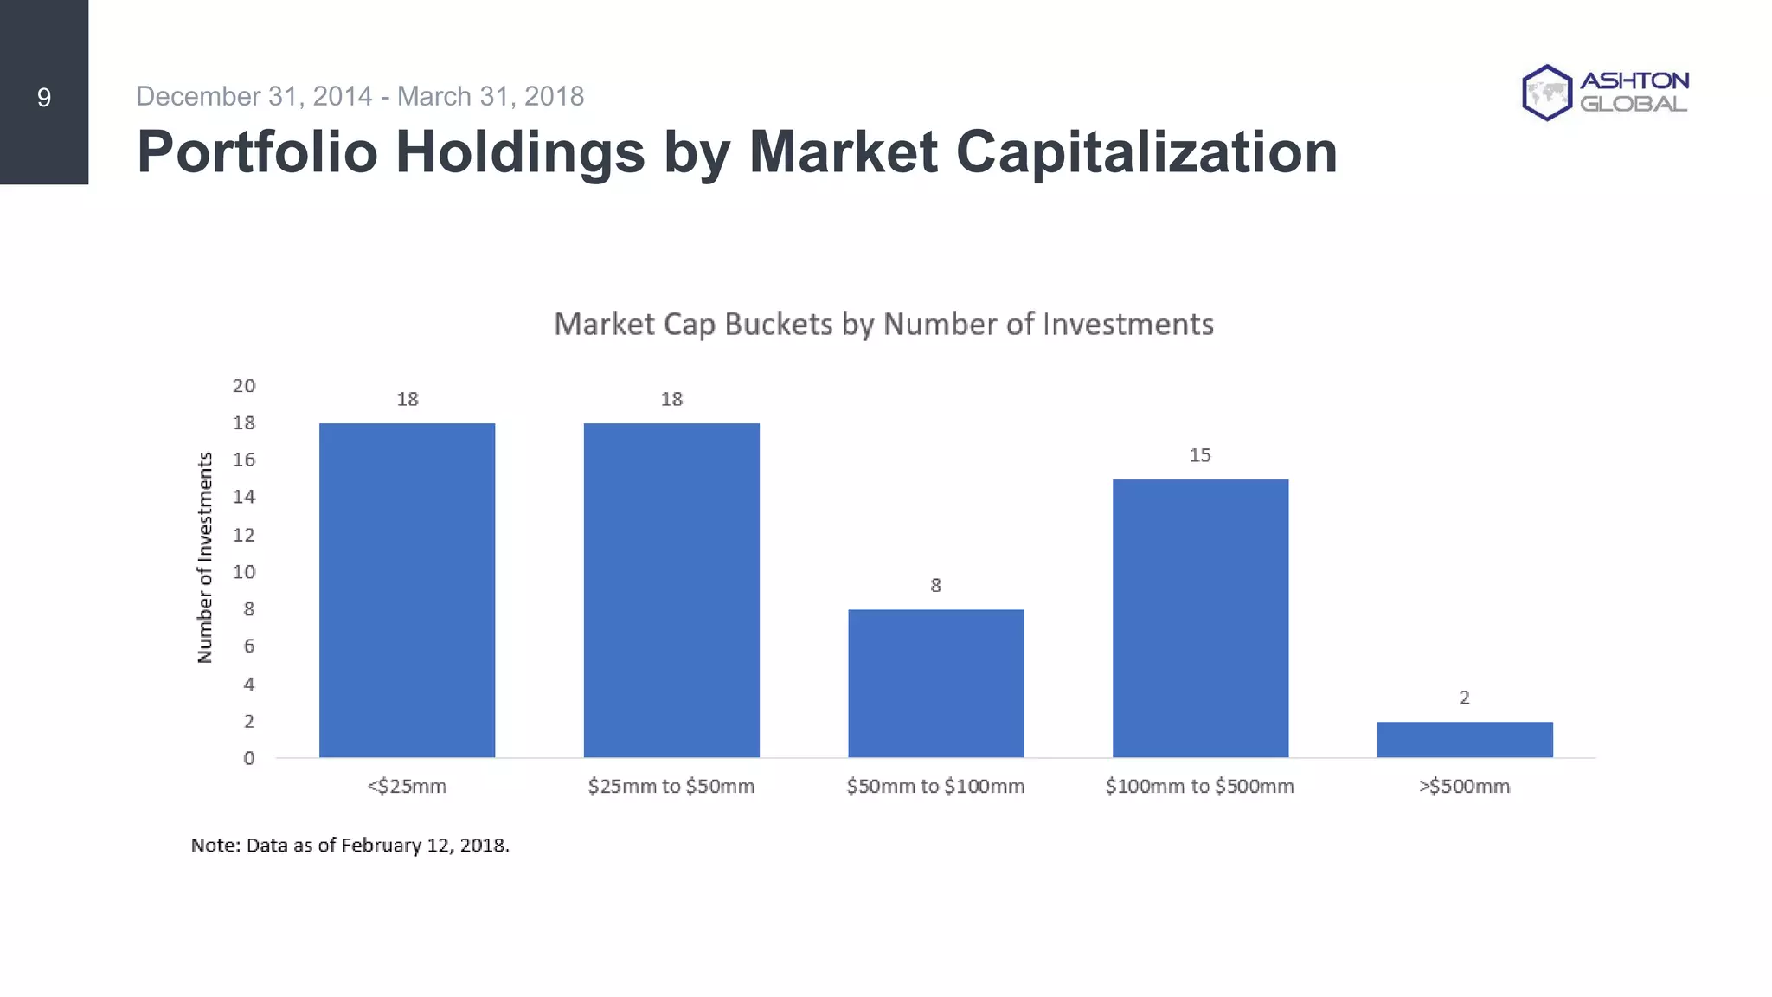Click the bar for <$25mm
click(407, 590)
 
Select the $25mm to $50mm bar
click(671, 590)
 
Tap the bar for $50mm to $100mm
click(935, 684)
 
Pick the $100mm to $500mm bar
click(1200, 618)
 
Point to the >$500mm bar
click(1464, 740)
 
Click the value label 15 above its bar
click(1200, 455)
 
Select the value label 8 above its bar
click(935, 586)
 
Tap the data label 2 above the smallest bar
click(1464, 698)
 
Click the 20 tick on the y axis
click(244, 386)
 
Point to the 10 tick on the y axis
click(244, 572)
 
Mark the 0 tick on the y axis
click(249, 759)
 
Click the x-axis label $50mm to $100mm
click(935, 787)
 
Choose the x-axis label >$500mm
click(1464, 787)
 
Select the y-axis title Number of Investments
click(205, 558)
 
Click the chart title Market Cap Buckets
click(883, 325)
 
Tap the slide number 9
click(44, 98)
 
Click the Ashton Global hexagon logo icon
click(1546, 93)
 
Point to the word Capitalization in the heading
click(1146, 152)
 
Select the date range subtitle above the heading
click(360, 96)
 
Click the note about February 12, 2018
click(350, 846)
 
